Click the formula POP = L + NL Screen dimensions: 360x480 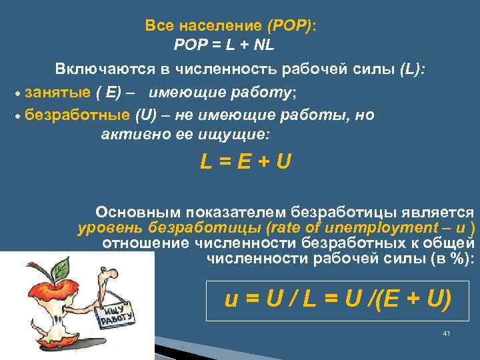[223, 46]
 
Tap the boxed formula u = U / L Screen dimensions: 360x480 [338, 298]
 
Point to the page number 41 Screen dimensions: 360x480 [447, 333]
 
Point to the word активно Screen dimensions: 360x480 [131, 135]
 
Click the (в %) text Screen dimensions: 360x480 [451, 259]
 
